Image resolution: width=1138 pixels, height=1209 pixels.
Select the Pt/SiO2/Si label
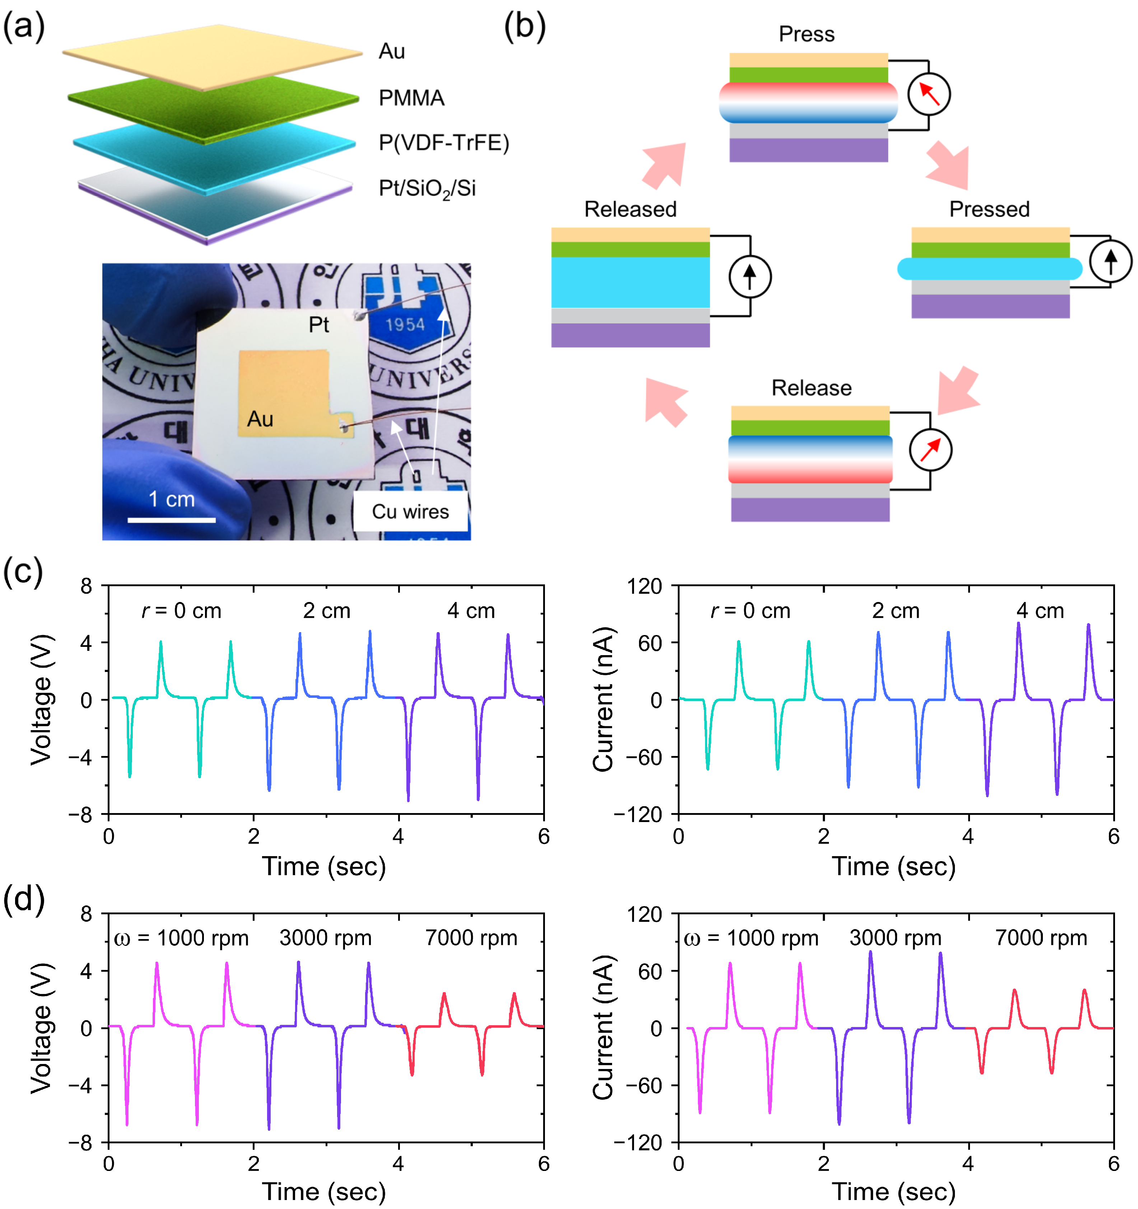click(427, 188)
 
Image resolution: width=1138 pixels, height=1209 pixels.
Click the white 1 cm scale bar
click(172, 520)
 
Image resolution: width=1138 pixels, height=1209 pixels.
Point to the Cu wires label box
click(411, 512)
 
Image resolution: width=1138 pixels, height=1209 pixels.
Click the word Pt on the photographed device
click(319, 325)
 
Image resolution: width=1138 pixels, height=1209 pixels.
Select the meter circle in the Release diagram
click(930, 450)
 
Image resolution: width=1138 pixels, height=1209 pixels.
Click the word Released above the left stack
click(630, 209)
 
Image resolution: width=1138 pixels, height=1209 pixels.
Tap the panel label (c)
click(23, 572)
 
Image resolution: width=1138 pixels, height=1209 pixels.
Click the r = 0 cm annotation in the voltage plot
click(181, 611)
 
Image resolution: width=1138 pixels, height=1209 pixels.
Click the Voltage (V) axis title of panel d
click(41, 1028)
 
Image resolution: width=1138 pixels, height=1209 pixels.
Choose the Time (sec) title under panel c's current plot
click(894, 866)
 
